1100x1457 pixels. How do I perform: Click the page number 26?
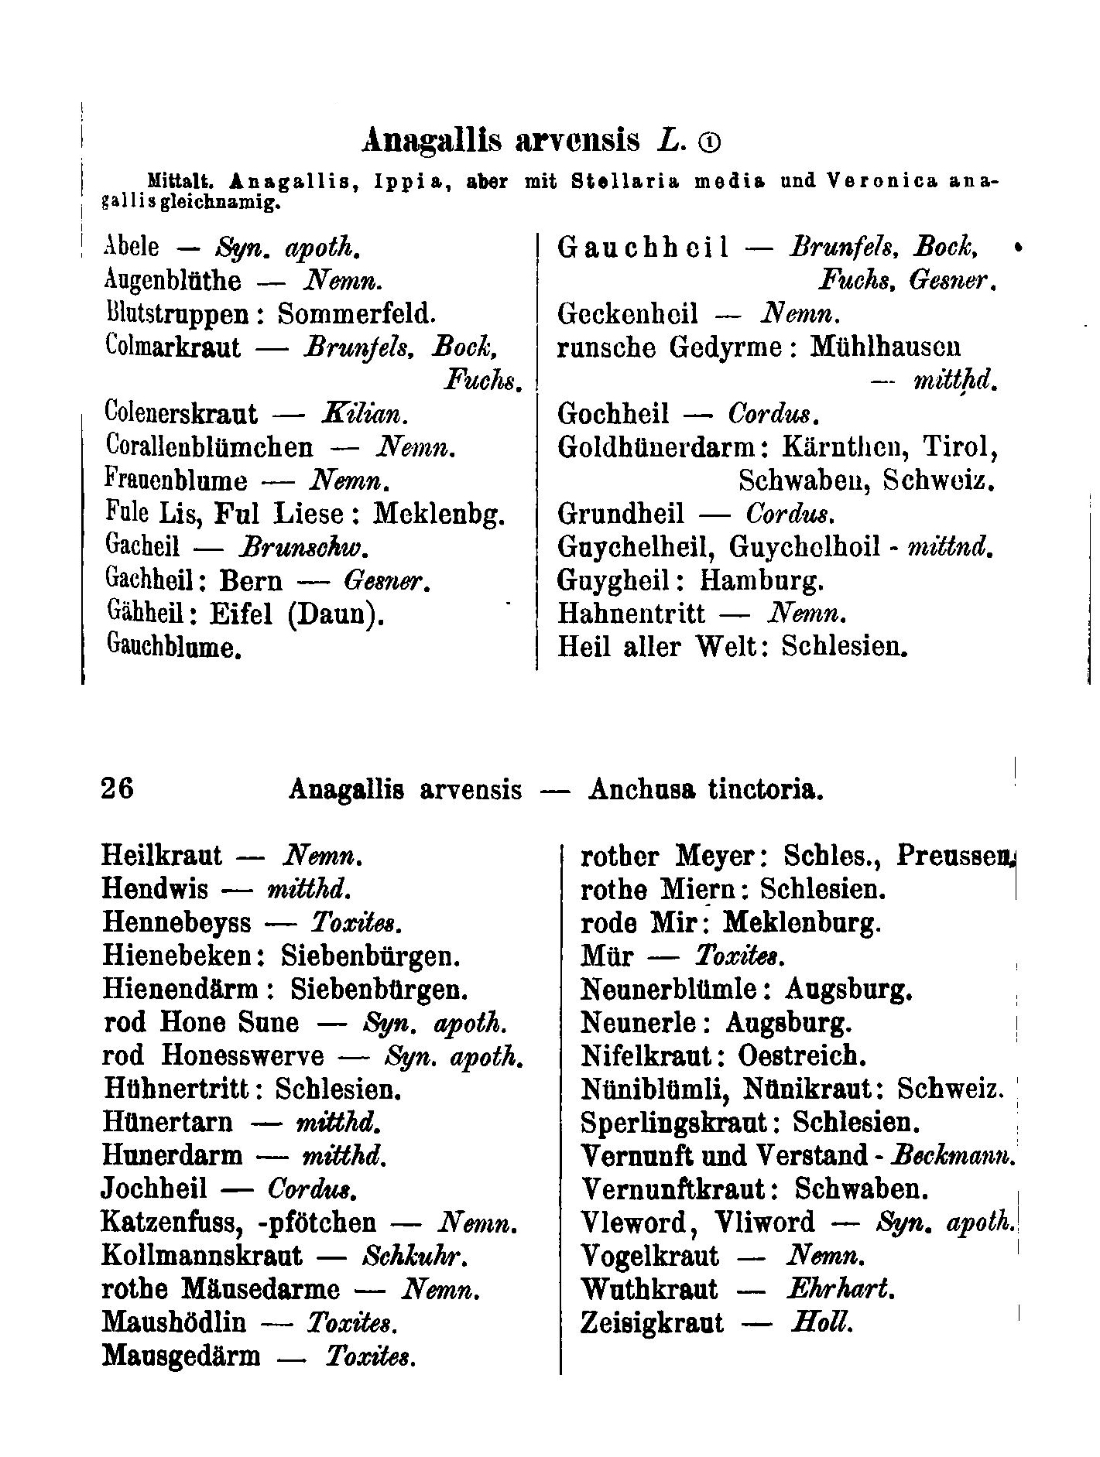(118, 788)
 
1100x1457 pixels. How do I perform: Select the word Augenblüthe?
(172, 281)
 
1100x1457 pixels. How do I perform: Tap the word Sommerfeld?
(357, 314)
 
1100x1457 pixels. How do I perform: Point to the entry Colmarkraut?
(172, 347)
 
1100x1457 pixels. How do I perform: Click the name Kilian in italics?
(362, 415)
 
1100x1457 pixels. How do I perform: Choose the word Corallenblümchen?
(208, 448)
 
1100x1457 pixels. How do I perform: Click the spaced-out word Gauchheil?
(643, 248)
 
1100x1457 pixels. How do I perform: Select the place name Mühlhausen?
(886, 347)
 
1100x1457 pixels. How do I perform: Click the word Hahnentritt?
(631, 614)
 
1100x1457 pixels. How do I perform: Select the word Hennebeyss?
(176, 922)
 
